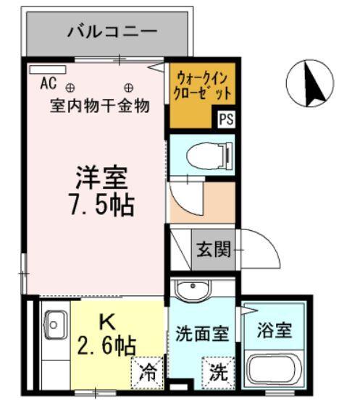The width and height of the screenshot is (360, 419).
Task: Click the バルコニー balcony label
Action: click(x=112, y=31)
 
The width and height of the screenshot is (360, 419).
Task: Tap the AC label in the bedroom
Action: click(x=48, y=83)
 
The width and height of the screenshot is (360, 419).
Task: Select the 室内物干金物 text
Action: click(x=99, y=106)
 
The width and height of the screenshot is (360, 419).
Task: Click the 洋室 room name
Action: click(x=102, y=177)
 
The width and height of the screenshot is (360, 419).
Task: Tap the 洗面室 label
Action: click(x=202, y=334)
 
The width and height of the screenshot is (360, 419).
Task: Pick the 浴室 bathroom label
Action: click(x=275, y=331)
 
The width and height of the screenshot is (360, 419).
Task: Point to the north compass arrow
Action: click(x=315, y=85)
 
